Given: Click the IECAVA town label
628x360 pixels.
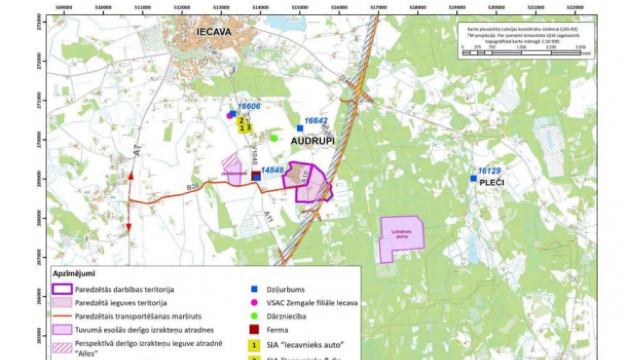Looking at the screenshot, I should pyautogui.click(x=214, y=32).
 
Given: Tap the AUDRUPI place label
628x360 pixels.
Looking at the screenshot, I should pyautogui.click(x=313, y=141).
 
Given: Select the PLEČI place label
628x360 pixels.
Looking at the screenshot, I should pyautogui.click(x=492, y=183).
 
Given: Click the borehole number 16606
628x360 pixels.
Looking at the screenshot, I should pyautogui.click(x=249, y=106).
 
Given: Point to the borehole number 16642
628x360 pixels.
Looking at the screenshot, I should pyautogui.click(x=316, y=121).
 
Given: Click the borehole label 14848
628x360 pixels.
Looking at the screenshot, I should pyautogui.click(x=272, y=170).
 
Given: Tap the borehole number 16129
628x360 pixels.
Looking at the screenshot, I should pyautogui.click(x=489, y=171).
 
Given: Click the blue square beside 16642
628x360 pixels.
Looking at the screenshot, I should pyautogui.click(x=300, y=129).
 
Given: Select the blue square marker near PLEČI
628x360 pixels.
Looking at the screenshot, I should pyautogui.click(x=473, y=178).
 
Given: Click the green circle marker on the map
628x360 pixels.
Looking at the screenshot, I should pyautogui.click(x=274, y=138).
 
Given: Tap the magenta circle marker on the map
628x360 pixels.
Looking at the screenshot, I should pyautogui.click(x=229, y=116).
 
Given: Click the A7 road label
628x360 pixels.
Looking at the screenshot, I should pyautogui.click(x=138, y=151).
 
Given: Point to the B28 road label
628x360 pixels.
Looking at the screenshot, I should pyautogui.click(x=192, y=187).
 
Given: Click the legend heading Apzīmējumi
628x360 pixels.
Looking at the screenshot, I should pyautogui.click(x=74, y=274).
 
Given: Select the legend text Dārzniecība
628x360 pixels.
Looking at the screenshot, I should pyautogui.click(x=286, y=316).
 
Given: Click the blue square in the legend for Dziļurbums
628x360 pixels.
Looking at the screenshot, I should pyautogui.click(x=254, y=289).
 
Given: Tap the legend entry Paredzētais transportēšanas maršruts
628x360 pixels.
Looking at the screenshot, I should pyautogui.click(x=138, y=316).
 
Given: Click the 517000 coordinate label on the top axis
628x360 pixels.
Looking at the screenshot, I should pyautogui.click(x=378, y=8).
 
